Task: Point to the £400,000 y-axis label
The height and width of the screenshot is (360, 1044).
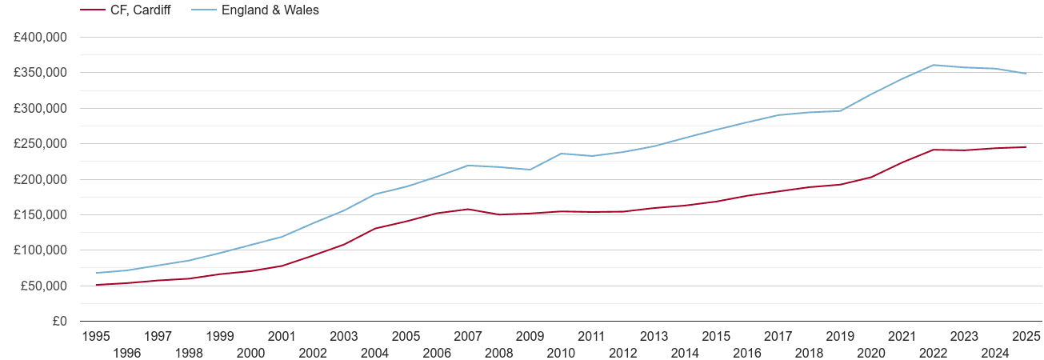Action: point(40,38)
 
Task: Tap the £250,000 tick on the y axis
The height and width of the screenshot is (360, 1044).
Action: point(40,144)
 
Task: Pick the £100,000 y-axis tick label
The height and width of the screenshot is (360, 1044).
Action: point(40,250)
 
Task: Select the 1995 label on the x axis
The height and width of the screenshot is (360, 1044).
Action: point(96,337)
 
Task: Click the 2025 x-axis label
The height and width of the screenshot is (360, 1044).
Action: point(1026,337)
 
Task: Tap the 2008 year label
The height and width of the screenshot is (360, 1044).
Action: point(499,353)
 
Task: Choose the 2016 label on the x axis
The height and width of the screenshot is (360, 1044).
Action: point(747,353)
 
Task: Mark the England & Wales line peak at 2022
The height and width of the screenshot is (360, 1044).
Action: point(933,65)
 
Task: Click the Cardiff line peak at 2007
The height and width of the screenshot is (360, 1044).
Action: point(468,209)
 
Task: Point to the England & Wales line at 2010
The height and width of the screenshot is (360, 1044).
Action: point(561,153)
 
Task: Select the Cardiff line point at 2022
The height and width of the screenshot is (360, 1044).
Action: point(933,150)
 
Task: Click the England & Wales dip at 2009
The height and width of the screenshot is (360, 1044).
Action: point(530,170)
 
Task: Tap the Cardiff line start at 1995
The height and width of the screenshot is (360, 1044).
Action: point(96,285)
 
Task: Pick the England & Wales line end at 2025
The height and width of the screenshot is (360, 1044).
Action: point(1026,74)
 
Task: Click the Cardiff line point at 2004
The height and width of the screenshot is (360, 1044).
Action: point(374,229)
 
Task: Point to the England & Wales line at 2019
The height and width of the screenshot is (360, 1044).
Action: point(840,110)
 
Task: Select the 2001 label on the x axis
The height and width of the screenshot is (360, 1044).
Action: point(282,337)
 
